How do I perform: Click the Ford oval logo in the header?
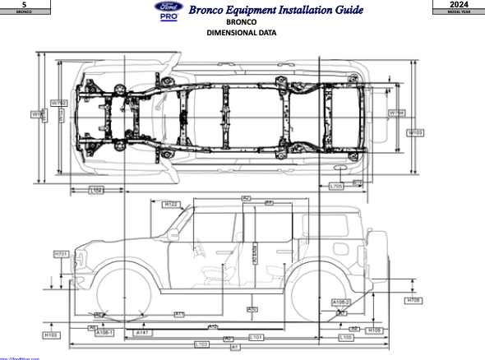[168, 7]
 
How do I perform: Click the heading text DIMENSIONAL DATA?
[241, 33]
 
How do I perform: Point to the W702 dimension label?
[58, 103]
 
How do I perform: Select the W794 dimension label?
[396, 113]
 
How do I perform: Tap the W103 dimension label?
[416, 132]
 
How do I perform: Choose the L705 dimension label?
[335, 187]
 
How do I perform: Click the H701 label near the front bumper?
[61, 255]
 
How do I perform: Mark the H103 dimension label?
[51, 335]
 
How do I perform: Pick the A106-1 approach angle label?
[104, 333]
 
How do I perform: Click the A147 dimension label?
[142, 333]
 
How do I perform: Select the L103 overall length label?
[200, 343]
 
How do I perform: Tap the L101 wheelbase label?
[256, 337]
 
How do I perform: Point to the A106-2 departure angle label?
[341, 302]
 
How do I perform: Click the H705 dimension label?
[415, 301]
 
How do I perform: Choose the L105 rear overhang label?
[346, 337]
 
